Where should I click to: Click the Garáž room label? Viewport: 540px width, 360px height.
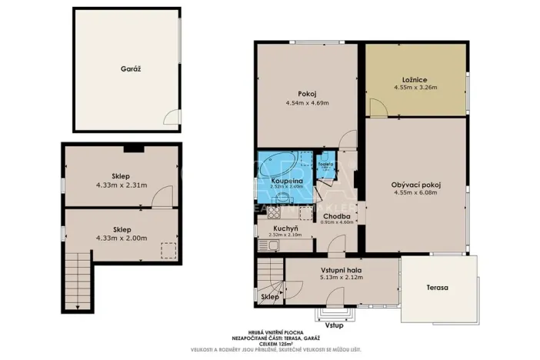pos(130,68)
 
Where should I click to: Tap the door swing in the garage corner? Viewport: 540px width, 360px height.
pos(172,117)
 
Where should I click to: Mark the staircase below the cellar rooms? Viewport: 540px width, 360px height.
pos(78,279)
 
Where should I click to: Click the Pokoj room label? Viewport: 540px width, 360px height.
pos(307,94)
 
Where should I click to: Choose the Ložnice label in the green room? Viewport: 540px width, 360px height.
pos(415,79)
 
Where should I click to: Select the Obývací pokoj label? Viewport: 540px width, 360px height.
pos(415,185)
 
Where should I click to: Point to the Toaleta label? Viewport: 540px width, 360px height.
pos(325,164)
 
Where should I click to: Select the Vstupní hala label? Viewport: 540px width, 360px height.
pos(341,270)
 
